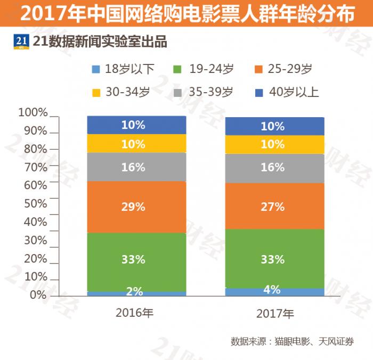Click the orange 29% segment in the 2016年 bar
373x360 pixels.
tap(136, 207)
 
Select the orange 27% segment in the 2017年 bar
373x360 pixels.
tap(274, 206)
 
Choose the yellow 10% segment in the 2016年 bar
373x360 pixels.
tap(136, 144)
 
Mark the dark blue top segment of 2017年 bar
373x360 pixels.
tap(274, 127)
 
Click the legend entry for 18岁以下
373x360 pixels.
tap(123, 69)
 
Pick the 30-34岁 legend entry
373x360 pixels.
tap(123, 92)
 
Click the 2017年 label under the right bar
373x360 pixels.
tap(274, 313)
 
